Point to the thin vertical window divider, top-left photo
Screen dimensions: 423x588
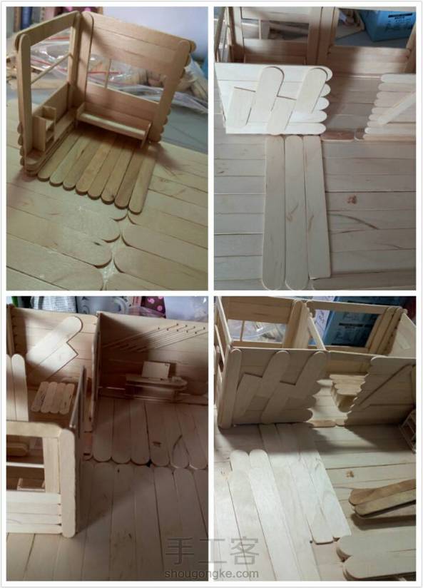click(x=108, y=74)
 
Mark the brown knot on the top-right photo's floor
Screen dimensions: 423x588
click(x=352, y=200)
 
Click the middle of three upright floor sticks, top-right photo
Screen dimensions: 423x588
click(x=296, y=212)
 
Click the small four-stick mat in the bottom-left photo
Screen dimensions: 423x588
click(x=53, y=397)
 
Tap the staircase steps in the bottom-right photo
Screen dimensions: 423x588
click(x=346, y=390)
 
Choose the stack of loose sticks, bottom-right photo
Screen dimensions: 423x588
click(x=382, y=497)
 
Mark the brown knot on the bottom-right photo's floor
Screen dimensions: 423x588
click(x=350, y=474)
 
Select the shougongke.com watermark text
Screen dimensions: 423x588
click(x=211, y=574)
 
